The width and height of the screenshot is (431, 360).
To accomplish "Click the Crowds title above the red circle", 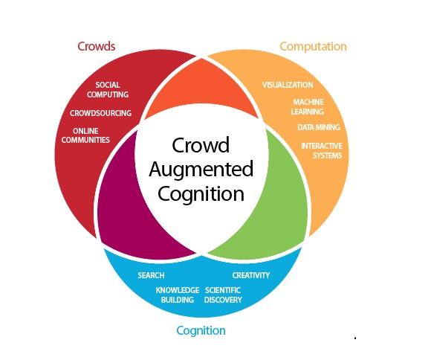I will pos(97,46).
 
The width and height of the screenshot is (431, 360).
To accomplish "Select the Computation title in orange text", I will pos(313,46).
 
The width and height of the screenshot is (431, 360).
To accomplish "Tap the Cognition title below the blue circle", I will pos(201,330).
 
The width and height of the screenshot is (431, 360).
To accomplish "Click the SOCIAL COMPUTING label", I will pos(108,90).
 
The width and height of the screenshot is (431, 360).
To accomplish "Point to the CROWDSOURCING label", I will pos(100,113).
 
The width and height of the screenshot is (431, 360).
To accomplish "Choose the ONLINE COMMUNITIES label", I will pos(85,135).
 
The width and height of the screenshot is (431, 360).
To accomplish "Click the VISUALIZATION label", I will pos(288,85).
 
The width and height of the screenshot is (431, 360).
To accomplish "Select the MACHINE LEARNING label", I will pos(308,106).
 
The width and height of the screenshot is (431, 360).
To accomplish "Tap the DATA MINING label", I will pos(318,127).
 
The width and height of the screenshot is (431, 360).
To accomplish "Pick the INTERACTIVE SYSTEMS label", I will pos(321,150).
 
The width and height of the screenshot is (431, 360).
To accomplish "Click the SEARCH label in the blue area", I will pos(151,275).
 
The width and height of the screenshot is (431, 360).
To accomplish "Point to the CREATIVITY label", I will pos(250,275).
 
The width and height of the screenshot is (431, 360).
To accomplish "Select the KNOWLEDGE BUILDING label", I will pos(177,295).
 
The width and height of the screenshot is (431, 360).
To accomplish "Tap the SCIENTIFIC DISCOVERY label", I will pos(223,295).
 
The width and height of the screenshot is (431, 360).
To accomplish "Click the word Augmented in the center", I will pos(201,169).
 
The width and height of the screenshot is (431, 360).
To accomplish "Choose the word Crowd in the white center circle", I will pos(201,144).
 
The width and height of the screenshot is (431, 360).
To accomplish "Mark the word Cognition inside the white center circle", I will pos(201,194).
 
